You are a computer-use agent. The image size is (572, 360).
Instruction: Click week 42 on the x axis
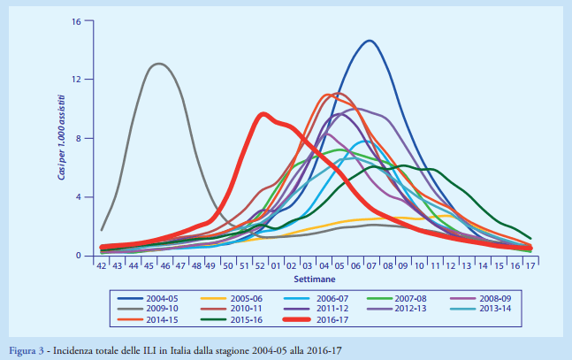click(103, 264)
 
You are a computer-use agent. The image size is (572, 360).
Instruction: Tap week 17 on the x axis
click(530, 264)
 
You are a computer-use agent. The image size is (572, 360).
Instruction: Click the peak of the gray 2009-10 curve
click(158, 64)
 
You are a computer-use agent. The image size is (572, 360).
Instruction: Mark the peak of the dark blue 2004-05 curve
click(369, 41)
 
